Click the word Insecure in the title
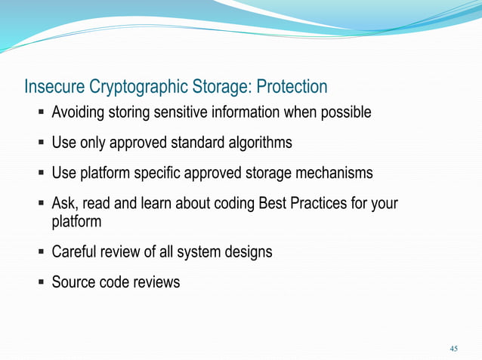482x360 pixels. pyautogui.click(x=52, y=88)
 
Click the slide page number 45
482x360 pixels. pyautogui.click(x=453, y=348)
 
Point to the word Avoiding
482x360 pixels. pyautogui.click(x=79, y=113)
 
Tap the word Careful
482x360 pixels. pyautogui.click(x=76, y=252)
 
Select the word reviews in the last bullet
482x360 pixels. pyautogui.click(x=156, y=282)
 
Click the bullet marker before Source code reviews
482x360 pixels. pyautogui.click(x=40, y=282)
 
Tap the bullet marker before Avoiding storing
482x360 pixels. pyautogui.click(x=40, y=113)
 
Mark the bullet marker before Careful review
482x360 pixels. pyautogui.click(x=40, y=252)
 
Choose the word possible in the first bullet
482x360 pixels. pyautogui.click(x=345, y=113)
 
